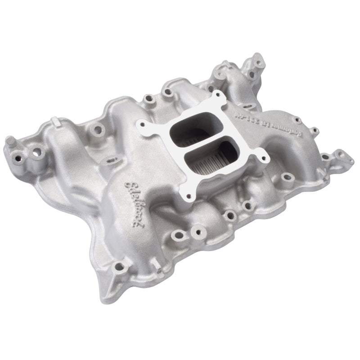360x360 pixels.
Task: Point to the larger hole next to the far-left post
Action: coord(34,153)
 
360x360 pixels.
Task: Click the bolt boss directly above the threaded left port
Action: coord(96,131)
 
